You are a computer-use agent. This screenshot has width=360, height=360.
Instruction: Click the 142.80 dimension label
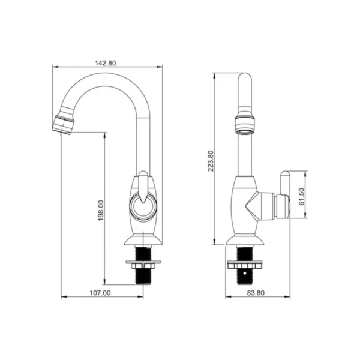click(x=106, y=63)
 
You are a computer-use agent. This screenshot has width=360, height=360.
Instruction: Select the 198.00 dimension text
click(x=101, y=211)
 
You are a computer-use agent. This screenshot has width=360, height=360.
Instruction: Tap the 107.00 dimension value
click(x=100, y=293)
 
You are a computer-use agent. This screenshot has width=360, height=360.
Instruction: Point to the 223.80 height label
click(x=211, y=161)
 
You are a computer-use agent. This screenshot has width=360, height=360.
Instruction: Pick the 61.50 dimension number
click(x=302, y=197)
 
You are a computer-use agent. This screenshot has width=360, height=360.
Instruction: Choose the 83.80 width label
click(x=256, y=293)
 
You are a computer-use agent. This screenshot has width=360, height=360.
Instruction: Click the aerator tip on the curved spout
click(x=63, y=125)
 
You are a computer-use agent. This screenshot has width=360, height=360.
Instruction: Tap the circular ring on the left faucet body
click(x=143, y=206)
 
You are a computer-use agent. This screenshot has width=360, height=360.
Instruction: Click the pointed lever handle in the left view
click(x=143, y=187)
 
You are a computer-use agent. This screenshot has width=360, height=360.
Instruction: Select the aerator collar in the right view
click(x=245, y=125)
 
